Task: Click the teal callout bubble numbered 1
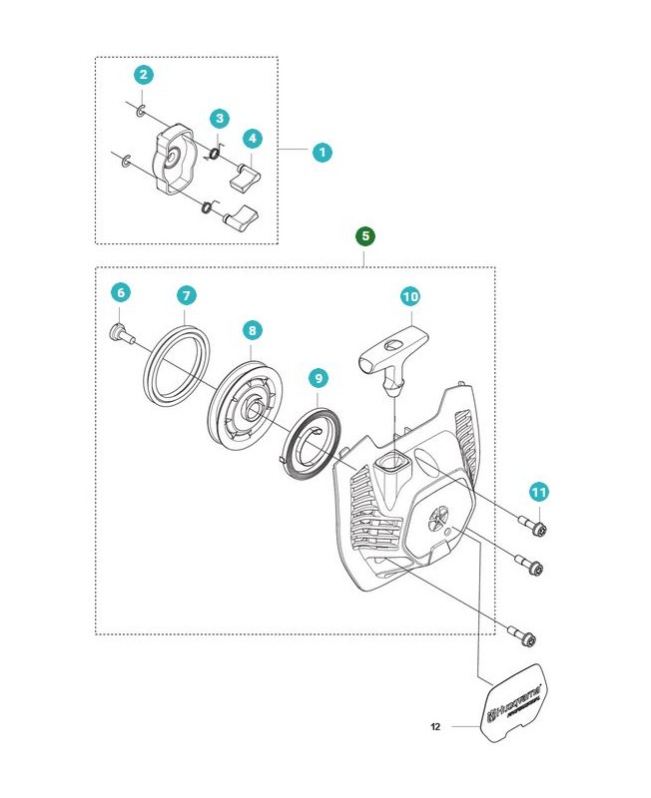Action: coord(321,153)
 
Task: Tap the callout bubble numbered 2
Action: coord(144,74)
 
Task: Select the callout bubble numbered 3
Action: coord(220,119)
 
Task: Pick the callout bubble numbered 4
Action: coord(253,138)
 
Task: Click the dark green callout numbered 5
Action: coord(365,236)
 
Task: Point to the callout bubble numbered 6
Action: coord(120,292)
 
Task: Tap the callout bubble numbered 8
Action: coord(252,329)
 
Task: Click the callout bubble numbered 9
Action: coord(318,378)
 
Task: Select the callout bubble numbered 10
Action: coord(409,296)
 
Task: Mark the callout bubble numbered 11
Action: coord(539,492)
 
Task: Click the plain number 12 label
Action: coord(434,727)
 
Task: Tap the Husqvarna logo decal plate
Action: coord(514,704)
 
